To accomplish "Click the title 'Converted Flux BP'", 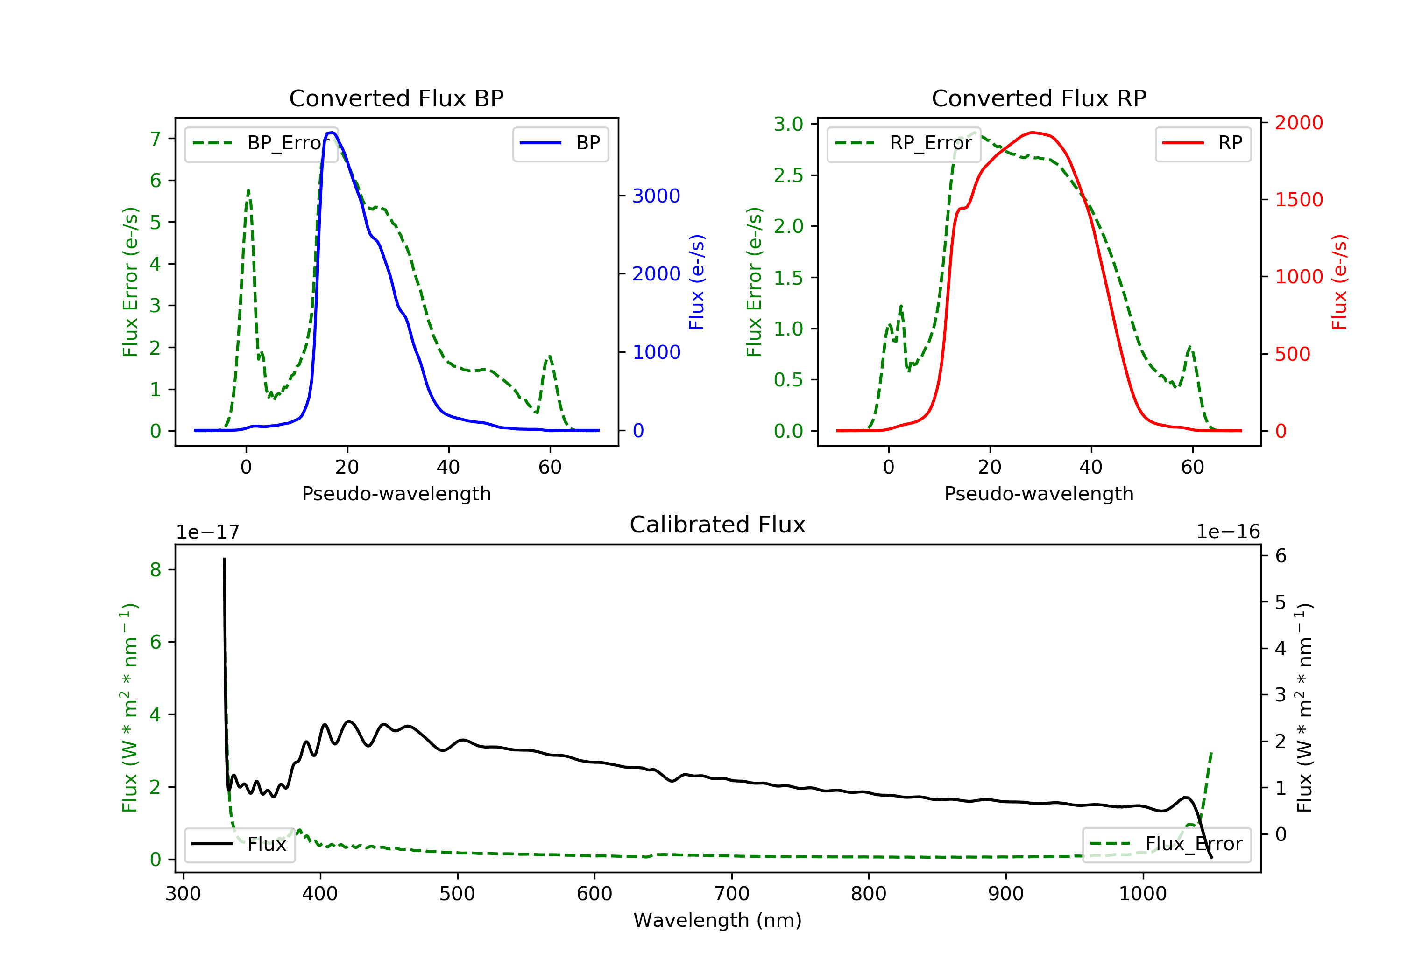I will click(x=396, y=98).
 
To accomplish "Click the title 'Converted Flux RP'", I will click(x=1039, y=98).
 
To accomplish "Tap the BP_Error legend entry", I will click(x=261, y=143).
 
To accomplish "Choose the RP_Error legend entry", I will click(x=904, y=143).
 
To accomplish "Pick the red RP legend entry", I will click(x=1203, y=143).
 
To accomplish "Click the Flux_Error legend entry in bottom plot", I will click(x=1166, y=844).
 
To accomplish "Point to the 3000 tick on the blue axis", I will click(x=656, y=196).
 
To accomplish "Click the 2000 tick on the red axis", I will click(x=1298, y=123).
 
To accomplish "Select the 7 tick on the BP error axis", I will click(x=156, y=139).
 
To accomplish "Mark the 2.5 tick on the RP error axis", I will click(x=788, y=175).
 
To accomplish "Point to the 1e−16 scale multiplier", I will click(x=1228, y=532).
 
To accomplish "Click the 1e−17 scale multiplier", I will click(x=207, y=532).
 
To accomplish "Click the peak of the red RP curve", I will click(x=1032, y=133).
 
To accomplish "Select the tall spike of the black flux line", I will click(x=224, y=560).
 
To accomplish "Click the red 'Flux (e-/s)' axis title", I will click(x=1339, y=282).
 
